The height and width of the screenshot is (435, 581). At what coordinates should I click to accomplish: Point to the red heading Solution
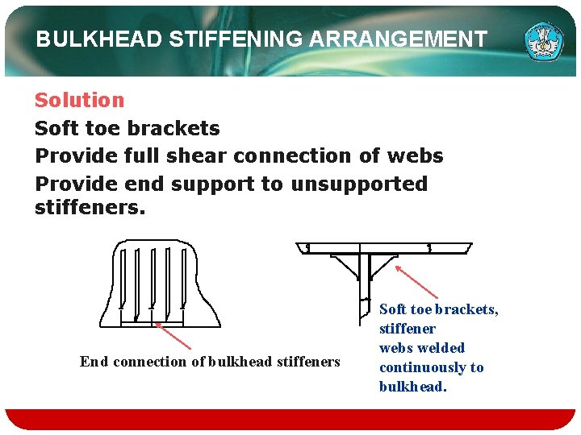tap(79, 101)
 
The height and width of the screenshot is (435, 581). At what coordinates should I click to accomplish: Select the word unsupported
tap(359, 184)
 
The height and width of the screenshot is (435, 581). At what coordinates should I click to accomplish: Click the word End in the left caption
tap(94, 362)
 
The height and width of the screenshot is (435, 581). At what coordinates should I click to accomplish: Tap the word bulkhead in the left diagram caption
tap(241, 362)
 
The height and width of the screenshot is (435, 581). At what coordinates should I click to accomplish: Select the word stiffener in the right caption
tap(407, 329)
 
